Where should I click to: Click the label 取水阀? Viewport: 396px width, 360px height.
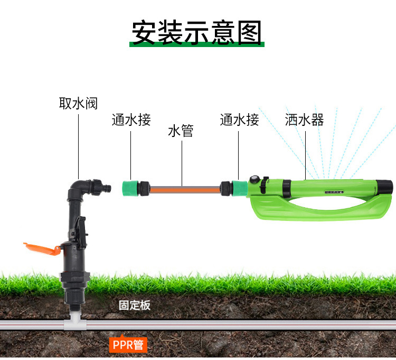click(78, 103)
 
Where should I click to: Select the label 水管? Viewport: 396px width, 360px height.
click(181, 131)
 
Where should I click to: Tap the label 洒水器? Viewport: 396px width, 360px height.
click(304, 119)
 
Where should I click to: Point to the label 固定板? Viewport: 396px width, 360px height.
click(135, 306)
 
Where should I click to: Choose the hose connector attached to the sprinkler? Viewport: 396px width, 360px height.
click(234, 188)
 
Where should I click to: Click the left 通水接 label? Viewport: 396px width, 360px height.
click(131, 119)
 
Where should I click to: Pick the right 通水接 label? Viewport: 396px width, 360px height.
click(239, 119)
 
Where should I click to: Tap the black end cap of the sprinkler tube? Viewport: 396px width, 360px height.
click(385, 187)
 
